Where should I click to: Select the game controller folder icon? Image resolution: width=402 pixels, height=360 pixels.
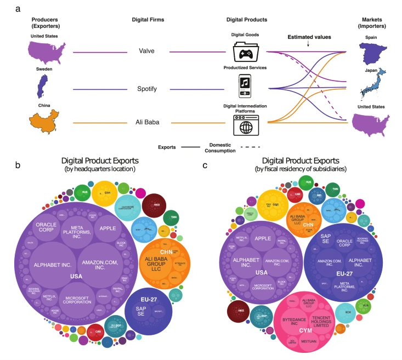click(246, 52)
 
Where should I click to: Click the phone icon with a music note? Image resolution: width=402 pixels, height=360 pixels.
click(246, 87)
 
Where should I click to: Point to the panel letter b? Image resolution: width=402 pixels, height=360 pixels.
click(18, 165)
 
